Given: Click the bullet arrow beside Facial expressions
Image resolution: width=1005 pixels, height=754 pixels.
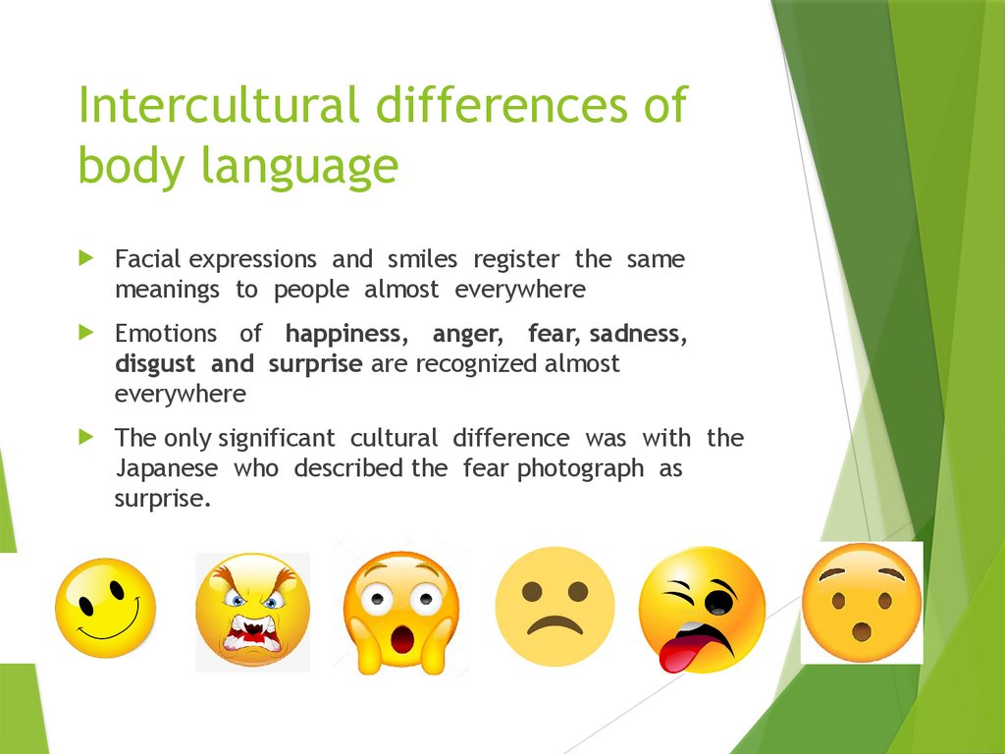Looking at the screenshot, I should tap(87, 259).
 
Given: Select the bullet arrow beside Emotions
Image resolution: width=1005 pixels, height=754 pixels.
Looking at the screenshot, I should tap(87, 333).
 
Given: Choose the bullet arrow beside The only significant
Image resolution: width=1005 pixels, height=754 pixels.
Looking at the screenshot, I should tap(87, 437).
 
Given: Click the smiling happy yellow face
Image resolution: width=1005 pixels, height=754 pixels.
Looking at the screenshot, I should tap(105, 608).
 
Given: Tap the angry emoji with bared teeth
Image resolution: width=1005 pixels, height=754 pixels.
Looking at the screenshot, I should tap(252, 611).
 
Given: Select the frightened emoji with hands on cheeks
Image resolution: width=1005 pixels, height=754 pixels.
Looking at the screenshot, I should tap(401, 611).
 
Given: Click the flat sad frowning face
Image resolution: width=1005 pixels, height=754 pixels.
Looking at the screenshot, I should tap(555, 607).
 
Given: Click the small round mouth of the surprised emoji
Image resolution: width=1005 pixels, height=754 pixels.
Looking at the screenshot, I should tap(862, 628).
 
